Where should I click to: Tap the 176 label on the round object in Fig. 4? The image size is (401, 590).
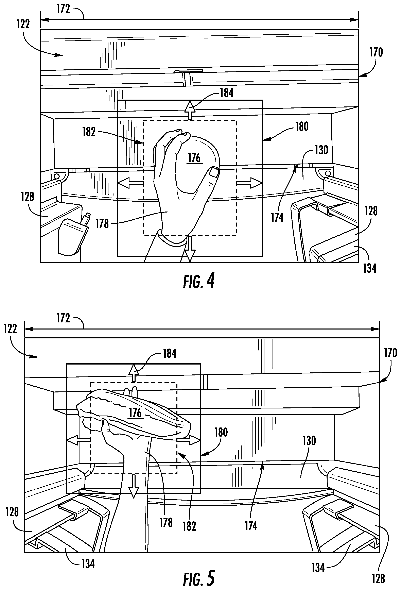pyautogui.click(x=194, y=158)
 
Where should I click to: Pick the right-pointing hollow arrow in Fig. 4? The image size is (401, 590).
pyautogui.click(x=249, y=183)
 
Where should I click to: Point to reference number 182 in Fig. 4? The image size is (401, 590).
pyautogui.click(x=89, y=132)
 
